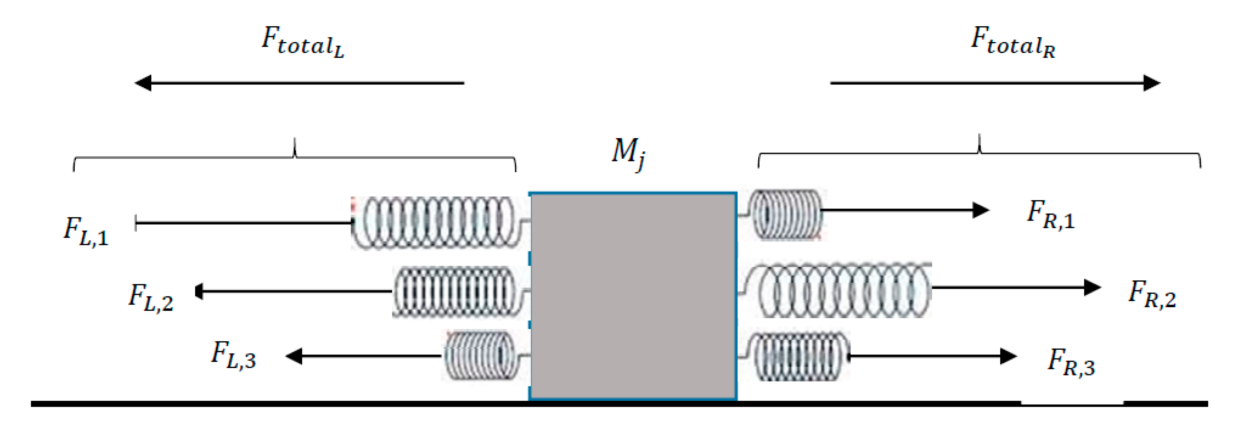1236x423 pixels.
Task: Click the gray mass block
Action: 633,296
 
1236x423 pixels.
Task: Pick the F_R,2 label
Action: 1152,294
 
